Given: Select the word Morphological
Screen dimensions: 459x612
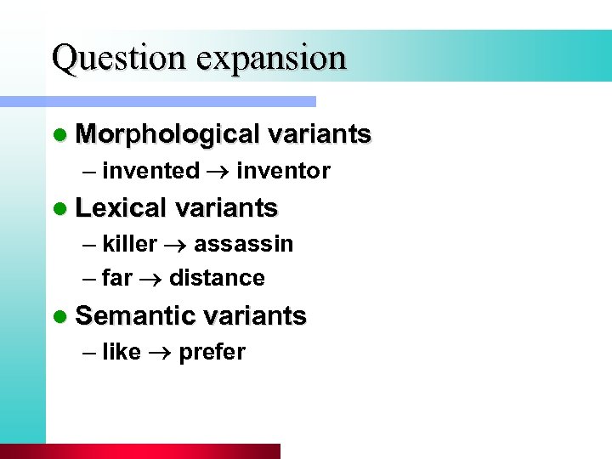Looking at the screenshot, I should coord(167,134).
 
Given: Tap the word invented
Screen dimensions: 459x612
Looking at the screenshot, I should coord(150,171).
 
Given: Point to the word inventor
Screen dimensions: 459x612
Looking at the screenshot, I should coord(283,171).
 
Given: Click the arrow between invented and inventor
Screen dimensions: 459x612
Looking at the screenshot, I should coord(218,172).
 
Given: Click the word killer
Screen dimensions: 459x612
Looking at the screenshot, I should coord(129,244).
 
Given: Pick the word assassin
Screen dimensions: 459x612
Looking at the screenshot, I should coord(243,244).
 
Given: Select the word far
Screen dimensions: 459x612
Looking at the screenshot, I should coord(117,278).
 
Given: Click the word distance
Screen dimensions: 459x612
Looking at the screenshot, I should coord(217,278).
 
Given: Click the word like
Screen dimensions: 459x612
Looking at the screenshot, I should coord(121,352).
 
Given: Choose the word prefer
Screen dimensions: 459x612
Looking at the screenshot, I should coord(212,352).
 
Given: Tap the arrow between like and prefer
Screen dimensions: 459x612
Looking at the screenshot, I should coord(160,353).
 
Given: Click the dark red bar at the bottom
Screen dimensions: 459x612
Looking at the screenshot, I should coord(140,451).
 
